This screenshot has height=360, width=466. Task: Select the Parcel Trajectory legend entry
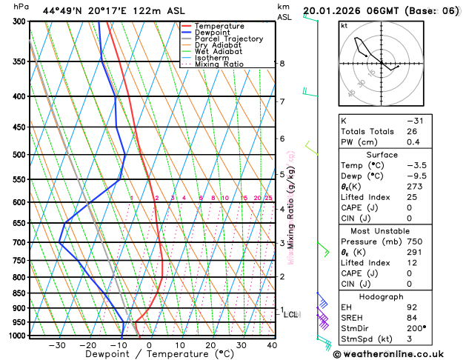click(228, 39)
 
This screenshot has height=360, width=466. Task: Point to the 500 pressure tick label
click(20, 155)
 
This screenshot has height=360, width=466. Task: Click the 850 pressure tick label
click(20, 293)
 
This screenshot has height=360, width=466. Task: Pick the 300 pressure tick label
click(20, 21)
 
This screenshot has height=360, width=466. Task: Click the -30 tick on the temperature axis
click(57, 345)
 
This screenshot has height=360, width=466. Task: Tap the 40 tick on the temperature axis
click(272, 345)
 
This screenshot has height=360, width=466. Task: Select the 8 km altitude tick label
click(282, 64)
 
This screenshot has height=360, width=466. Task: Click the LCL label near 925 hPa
click(291, 314)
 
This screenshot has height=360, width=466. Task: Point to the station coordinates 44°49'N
click(65, 11)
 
